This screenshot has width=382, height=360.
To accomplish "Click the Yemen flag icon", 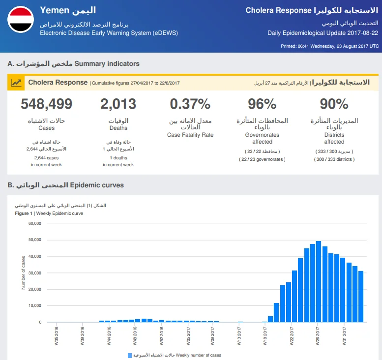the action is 21,20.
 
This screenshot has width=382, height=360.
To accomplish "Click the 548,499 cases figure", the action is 47,104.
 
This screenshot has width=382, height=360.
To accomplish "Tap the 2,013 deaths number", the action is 118,104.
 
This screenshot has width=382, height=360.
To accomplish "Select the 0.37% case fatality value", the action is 190,104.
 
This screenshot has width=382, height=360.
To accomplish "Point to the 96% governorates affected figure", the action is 262,104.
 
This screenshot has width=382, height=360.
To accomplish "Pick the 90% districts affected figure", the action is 334,104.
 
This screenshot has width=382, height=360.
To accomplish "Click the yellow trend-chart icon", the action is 16,83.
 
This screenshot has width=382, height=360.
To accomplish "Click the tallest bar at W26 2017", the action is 319,281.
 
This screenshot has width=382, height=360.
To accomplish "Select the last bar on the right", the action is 361,297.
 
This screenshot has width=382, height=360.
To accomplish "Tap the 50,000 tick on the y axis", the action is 35,240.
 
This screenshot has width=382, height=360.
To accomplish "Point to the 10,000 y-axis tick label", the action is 35,305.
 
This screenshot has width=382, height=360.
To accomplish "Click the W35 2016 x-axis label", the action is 57,336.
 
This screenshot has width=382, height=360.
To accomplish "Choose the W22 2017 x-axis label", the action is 292,336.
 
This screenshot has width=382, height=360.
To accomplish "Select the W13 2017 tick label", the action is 239,336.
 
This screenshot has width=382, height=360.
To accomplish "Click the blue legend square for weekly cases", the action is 130,356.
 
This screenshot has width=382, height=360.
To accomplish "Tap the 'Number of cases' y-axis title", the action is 24,273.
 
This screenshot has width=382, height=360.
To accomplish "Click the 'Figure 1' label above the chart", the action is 24,213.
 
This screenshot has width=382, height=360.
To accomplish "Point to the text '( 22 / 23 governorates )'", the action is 262,159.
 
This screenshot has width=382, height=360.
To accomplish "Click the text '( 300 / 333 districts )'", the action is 334,159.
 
